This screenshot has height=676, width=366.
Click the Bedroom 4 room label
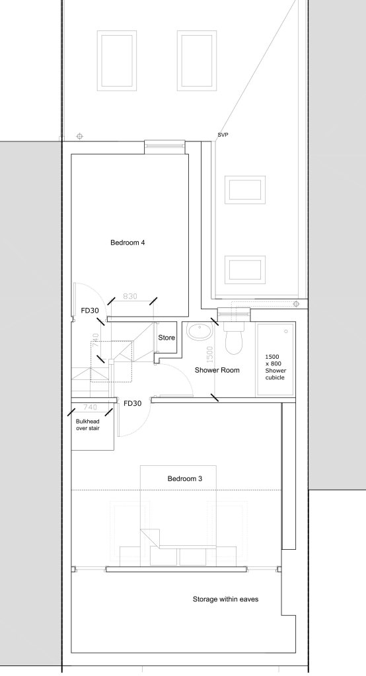pos(128,243)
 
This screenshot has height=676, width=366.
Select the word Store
pos(166,338)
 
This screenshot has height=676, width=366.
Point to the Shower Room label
pos(217,370)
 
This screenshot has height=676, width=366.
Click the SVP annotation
pos(223,135)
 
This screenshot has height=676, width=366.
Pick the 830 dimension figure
pos(130,296)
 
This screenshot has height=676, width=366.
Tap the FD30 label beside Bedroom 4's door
pos(90,310)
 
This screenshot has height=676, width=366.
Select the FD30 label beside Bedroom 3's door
pos(132,403)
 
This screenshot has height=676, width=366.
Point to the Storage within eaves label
pos(225,599)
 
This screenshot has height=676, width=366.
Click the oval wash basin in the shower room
pos(198,332)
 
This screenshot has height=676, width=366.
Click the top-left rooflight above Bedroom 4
pos(115,61)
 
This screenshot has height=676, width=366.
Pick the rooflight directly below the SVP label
pos(245,188)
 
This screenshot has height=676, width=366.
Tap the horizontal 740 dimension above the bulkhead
pos(91,408)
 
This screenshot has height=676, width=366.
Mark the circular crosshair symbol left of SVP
pos(79,137)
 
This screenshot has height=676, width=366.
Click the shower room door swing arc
pos(182,377)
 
